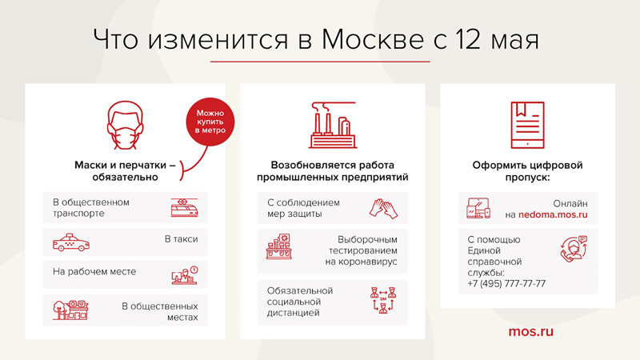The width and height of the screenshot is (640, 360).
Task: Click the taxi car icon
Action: click(70, 241)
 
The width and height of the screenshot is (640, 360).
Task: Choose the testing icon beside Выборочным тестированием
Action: click(279, 246)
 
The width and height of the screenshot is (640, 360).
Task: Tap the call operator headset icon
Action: click(574, 250)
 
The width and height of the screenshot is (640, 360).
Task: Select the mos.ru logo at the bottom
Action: click(530, 330)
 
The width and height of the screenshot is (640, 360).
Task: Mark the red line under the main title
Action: click(320, 62)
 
